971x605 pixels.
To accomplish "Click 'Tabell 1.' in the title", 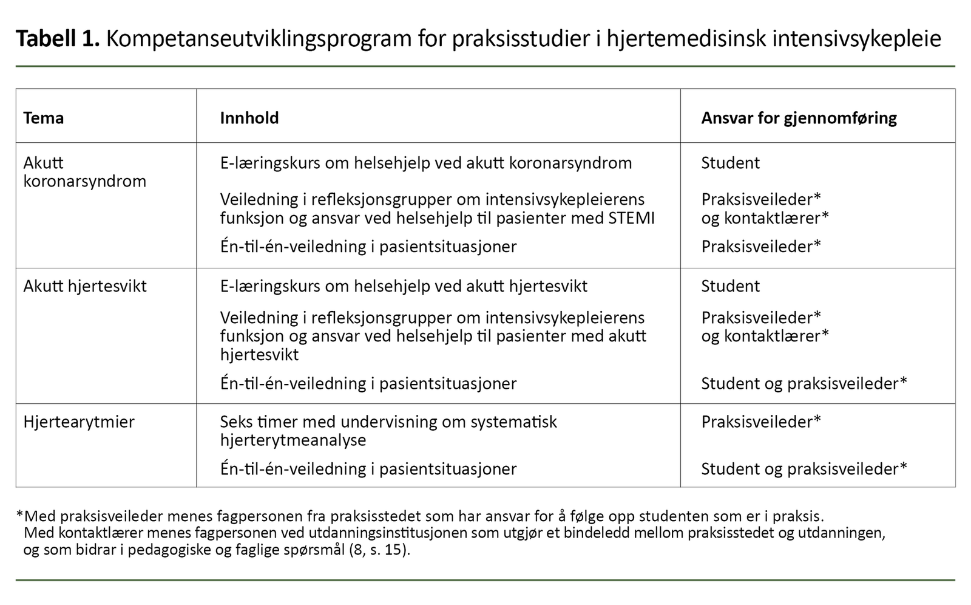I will [57, 39].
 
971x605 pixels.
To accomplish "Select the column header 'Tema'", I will [43, 118].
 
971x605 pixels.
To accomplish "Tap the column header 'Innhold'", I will [249, 118].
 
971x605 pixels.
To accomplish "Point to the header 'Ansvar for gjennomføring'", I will [799, 118].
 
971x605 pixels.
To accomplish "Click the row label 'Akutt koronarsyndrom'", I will [84, 172].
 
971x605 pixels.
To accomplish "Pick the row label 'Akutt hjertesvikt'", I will [85, 286].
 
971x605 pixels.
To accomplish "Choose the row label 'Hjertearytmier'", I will [79, 422].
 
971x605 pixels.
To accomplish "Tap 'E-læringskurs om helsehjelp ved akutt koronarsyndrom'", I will [425, 163].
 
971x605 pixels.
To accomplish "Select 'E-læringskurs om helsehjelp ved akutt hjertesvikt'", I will [404, 286].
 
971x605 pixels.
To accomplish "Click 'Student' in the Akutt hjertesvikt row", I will [730, 286].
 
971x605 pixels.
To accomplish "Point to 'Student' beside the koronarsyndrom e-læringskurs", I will [730, 163].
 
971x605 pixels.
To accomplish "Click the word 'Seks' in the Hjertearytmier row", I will [236, 422].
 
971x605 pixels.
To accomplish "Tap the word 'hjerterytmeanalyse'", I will [293, 440].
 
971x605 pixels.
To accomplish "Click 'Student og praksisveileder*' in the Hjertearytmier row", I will [804, 469].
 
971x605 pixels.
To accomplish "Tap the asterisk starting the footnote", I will [20, 516].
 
